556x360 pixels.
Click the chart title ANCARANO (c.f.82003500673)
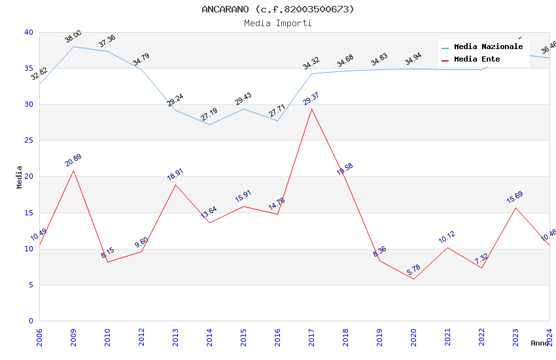pyautogui.click(x=277, y=9)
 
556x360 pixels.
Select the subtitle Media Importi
pyautogui.click(x=277, y=24)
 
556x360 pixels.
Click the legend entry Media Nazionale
pyautogui.click(x=488, y=47)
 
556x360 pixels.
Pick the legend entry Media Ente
pyautogui.click(x=477, y=60)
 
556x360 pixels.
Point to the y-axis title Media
pyautogui.click(x=20, y=177)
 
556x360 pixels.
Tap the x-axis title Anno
pyautogui.click(x=540, y=343)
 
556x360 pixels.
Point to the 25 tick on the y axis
pyautogui.click(x=28, y=141)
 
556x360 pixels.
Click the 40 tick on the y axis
pyautogui.click(x=28, y=33)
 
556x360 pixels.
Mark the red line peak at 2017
pyautogui.click(x=311, y=109)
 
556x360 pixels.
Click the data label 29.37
pyautogui.click(x=311, y=99)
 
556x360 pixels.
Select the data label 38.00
pyautogui.click(x=73, y=37)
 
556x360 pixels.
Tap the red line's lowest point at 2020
pyautogui.click(x=413, y=279)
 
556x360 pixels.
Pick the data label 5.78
pyautogui.click(x=413, y=270)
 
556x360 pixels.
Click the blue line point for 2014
pyautogui.click(x=209, y=124)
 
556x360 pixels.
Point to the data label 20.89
pyautogui.click(x=73, y=160)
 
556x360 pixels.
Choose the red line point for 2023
pyautogui.click(x=515, y=207)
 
